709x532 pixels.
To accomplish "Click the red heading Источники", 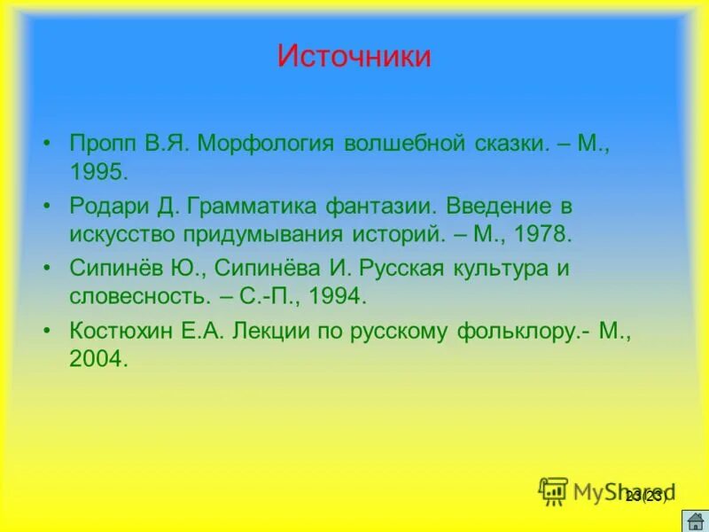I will (x=354, y=57).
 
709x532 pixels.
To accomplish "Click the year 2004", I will (x=99, y=358).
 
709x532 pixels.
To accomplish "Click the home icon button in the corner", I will (x=694, y=520).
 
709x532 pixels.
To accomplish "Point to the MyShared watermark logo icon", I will (x=553, y=490).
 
